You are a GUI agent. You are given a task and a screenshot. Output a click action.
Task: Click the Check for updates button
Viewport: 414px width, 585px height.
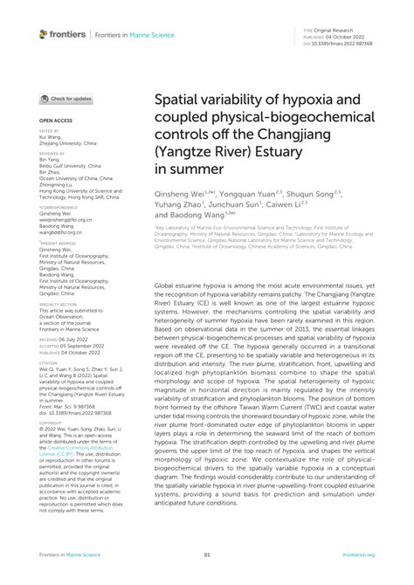66,99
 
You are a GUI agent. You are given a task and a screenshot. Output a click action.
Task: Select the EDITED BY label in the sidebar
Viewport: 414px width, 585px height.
48,131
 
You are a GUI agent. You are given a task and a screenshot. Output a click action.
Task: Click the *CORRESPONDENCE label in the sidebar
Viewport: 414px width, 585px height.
55,207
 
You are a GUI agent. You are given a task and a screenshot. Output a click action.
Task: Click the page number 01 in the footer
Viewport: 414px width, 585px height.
207,554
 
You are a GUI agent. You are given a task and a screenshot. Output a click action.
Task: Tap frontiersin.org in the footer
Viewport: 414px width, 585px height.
359,554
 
